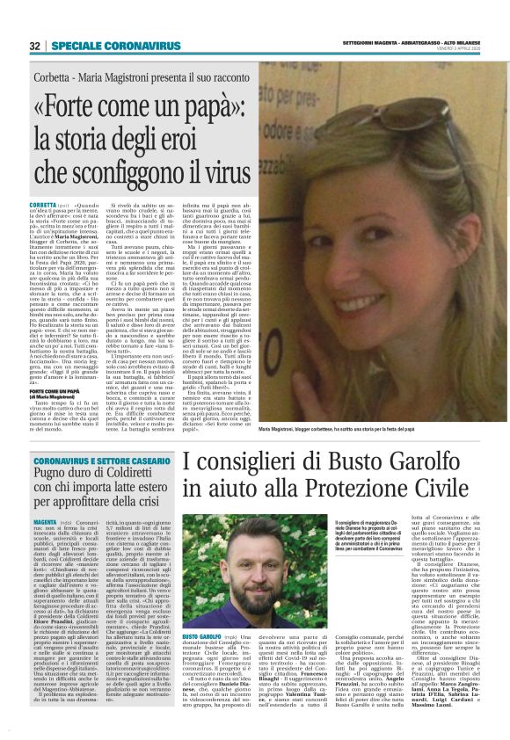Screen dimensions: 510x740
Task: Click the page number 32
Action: coord(33,46)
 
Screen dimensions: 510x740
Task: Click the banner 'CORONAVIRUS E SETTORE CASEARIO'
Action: coord(102,460)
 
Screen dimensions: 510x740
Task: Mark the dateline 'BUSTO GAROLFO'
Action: coord(201,659)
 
